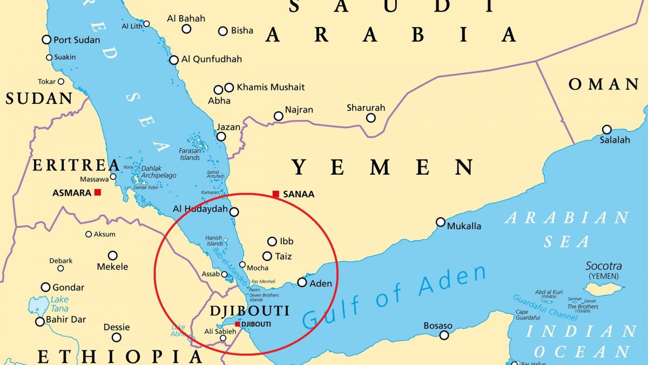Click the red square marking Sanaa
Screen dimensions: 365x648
pyautogui.click(x=276, y=194)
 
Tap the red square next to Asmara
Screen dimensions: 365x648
pyautogui.click(x=98, y=192)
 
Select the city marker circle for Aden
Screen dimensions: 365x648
pyautogui.click(x=302, y=282)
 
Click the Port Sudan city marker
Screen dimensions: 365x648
pyautogui.click(x=46, y=39)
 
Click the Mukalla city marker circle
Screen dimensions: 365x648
pyautogui.click(x=441, y=222)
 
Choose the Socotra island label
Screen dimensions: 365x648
pyautogui.click(x=603, y=266)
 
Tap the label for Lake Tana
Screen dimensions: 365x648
pyautogui.click(x=59, y=304)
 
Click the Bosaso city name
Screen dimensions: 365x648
pyautogui.click(x=438, y=326)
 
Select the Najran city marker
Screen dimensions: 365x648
pyautogui.click(x=278, y=116)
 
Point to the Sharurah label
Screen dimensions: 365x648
pyautogui.click(x=366, y=108)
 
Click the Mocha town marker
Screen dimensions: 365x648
pyautogui.click(x=242, y=266)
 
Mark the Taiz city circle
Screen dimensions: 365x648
pyautogui.click(x=267, y=256)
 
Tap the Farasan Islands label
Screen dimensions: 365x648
pyautogui.click(x=190, y=154)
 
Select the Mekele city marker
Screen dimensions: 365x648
pyautogui.click(x=112, y=255)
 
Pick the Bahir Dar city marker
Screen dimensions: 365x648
pyautogui.click(x=39, y=322)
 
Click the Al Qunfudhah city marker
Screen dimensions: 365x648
pyautogui.click(x=174, y=60)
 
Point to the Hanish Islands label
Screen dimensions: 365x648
pyautogui.click(x=214, y=241)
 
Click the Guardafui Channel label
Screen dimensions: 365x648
pyautogui.click(x=537, y=306)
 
